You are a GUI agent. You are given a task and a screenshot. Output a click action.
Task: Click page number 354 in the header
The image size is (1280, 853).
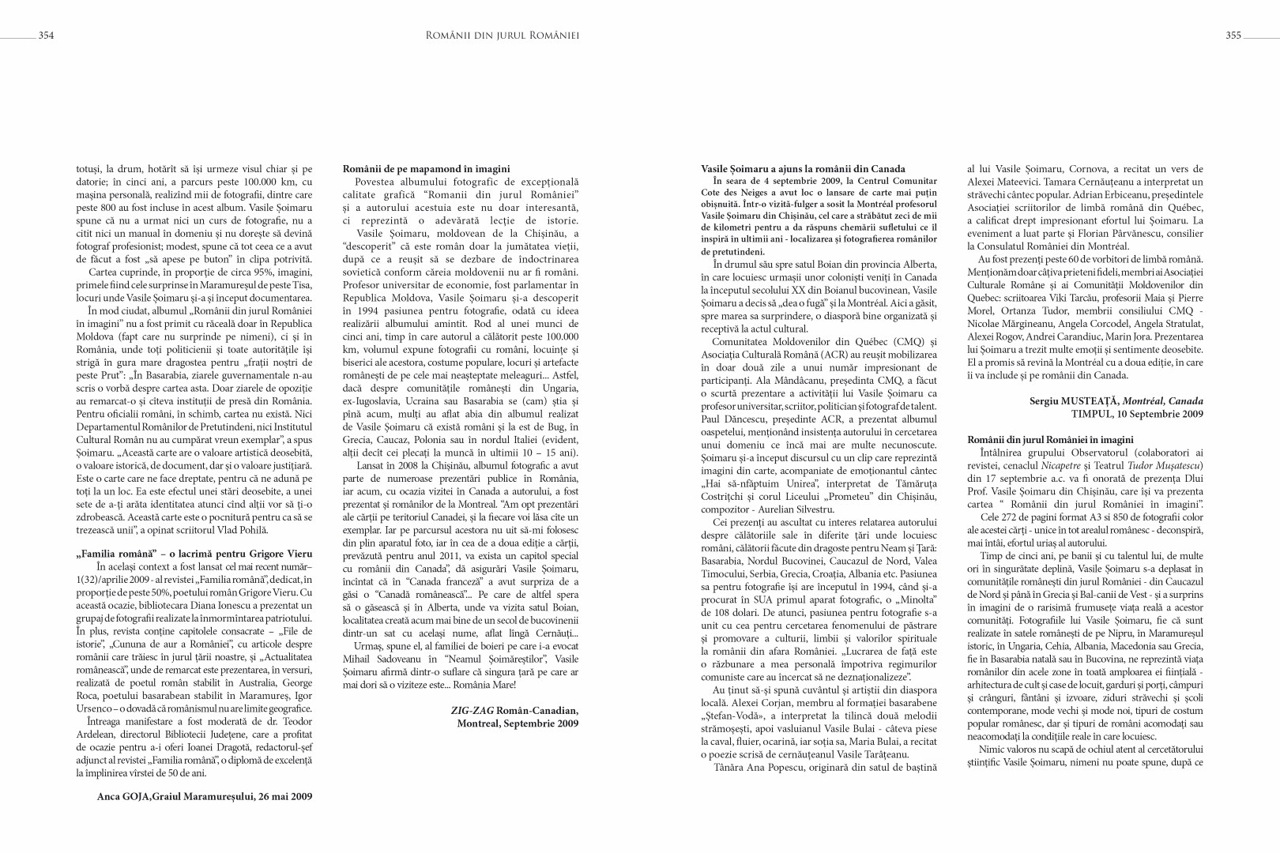coord(46,35)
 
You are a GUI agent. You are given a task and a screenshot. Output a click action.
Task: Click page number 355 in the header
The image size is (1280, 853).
coord(1233,35)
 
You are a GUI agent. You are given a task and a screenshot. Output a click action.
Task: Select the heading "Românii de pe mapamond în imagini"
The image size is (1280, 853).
coord(426,168)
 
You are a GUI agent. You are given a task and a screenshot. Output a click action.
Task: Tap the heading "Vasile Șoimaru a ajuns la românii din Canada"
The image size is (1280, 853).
coord(803,168)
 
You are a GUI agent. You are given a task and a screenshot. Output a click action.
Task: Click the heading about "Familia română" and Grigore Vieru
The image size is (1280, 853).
coord(188,554)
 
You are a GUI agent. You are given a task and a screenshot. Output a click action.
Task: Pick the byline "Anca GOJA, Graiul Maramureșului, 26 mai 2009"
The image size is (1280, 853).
coord(204,797)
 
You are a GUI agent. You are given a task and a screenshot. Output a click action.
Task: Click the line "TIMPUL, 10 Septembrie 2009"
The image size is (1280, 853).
coord(1137,414)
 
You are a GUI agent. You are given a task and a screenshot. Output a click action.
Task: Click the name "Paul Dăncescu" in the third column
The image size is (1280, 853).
coord(734,419)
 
